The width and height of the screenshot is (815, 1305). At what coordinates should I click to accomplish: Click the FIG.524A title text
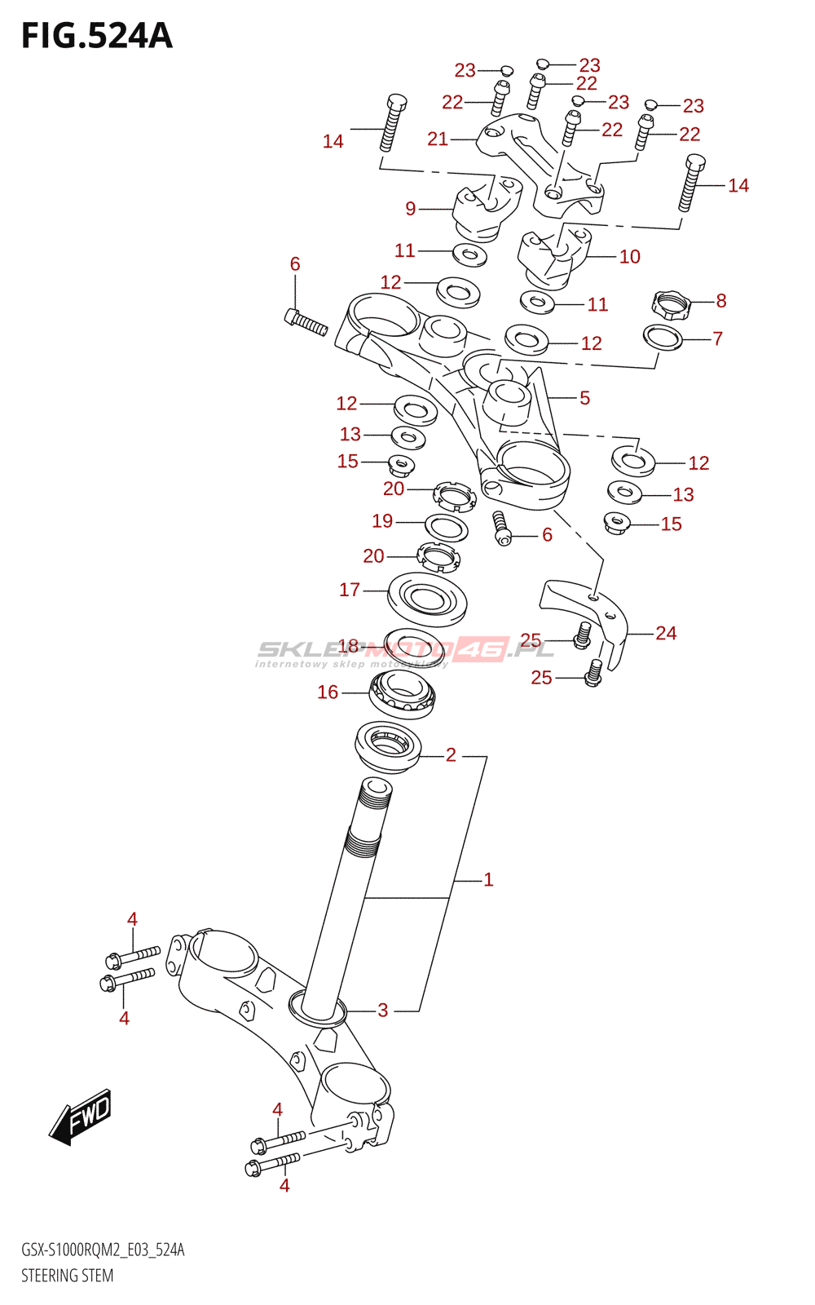pyautogui.click(x=96, y=36)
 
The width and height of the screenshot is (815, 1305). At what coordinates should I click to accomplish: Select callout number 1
pyautogui.click(x=488, y=879)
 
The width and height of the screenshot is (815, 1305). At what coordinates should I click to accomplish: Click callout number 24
pyautogui.click(x=666, y=633)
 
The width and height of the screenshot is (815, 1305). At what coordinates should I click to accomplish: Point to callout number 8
pyautogui.click(x=721, y=301)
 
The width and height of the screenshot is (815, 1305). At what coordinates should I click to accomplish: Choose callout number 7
pyautogui.click(x=717, y=338)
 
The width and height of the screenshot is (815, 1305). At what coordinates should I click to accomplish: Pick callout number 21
pyautogui.click(x=438, y=139)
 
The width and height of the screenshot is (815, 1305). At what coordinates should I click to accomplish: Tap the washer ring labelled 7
pyautogui.click(x=663, y=336)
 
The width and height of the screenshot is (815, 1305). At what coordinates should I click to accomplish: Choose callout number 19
pyautogui.click(x=382, y=520)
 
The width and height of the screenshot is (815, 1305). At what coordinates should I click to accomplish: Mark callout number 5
pyautogui.click(x=584, y=398)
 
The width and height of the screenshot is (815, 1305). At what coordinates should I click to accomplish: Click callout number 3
pyautogui.click(x=383, y=1010)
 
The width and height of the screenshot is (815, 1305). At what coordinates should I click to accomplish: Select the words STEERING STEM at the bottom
pyautogui.click(x=67, y=1276)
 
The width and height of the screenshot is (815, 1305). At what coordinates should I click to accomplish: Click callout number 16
pyautogui.click(x=328, y=692)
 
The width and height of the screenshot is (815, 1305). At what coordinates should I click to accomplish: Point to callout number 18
pyautogui.click(x=348, y=646)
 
